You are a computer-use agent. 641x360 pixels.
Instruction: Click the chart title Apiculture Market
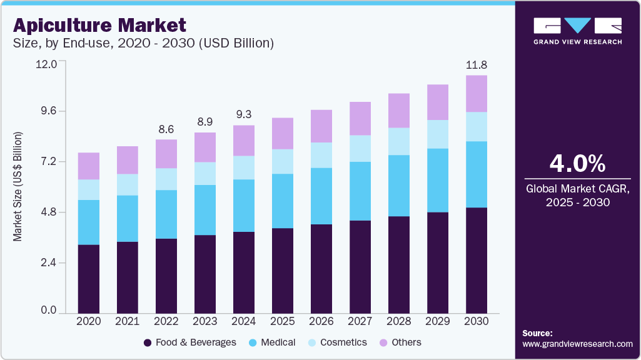(x=99, y=26)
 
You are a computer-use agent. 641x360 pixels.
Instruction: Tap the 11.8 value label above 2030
(x=477, y=65)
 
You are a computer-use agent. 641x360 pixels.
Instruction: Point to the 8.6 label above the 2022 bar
(x=166, y=129)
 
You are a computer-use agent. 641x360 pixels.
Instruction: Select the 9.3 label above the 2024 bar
(x=243, y=115)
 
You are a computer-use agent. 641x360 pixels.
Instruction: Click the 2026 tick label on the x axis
(x=321, y=321)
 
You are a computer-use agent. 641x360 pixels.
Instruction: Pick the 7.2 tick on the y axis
(x=48, y=162)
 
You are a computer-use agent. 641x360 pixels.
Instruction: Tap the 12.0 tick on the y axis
(x=48, y=64)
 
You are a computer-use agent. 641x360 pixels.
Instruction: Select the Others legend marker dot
(x=383, y=342)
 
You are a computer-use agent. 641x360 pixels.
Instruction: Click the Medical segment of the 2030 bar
(x=477, y=174)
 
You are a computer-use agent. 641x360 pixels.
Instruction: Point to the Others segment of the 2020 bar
(x=89, y=166)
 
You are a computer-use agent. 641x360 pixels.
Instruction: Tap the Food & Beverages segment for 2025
(x=283, y=270)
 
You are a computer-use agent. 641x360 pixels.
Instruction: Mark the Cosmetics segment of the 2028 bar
(x=399, y=141)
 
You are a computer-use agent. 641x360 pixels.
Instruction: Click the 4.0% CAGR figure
(x=577, y=164)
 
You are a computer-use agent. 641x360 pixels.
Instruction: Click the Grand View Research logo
(x=577, y=31)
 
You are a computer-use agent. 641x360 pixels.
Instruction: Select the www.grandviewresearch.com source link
(x=577, y=344)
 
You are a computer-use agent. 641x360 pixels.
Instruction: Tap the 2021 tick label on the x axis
(x=127, y=321)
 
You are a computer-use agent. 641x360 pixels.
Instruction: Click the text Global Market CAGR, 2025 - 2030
(x=577, y=195)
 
